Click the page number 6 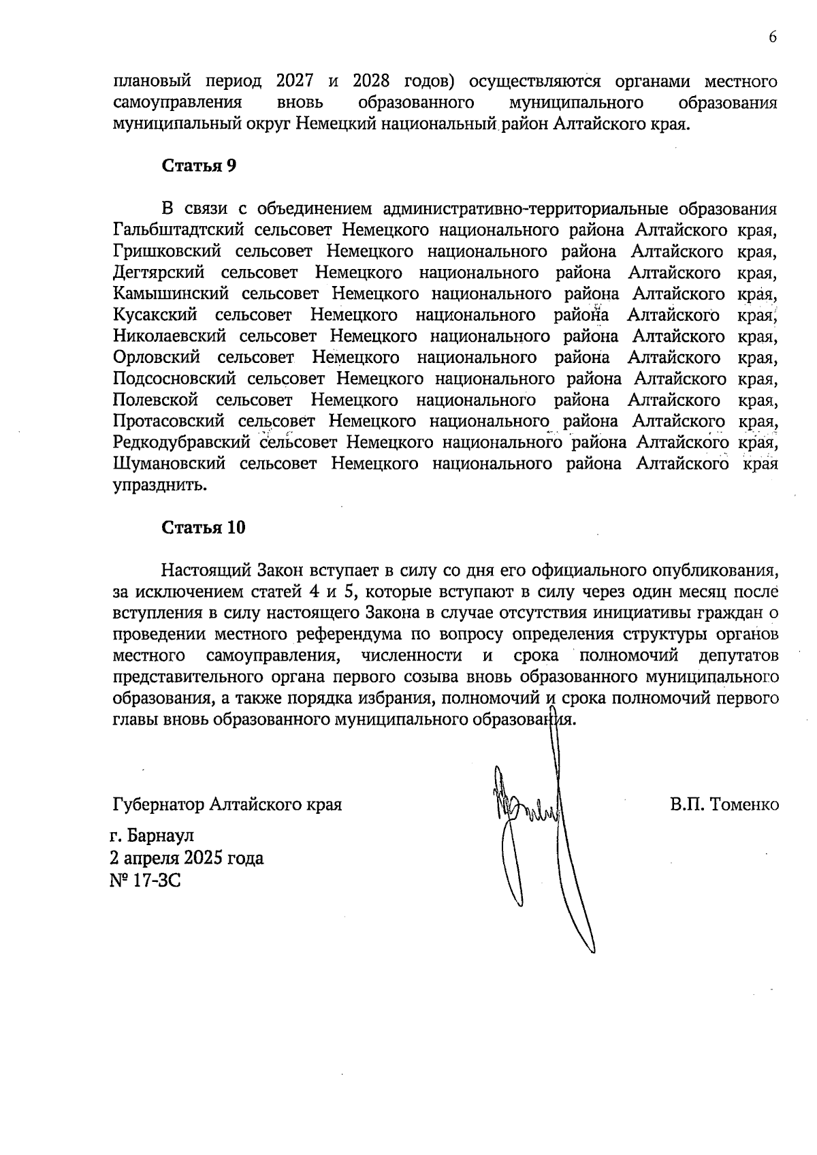[773, 37]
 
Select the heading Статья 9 [199, 166]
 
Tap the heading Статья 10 [204, 528]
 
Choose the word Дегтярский [159, 272]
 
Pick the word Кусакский [156, 315]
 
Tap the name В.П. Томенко [724, 805]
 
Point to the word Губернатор [158, 805]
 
